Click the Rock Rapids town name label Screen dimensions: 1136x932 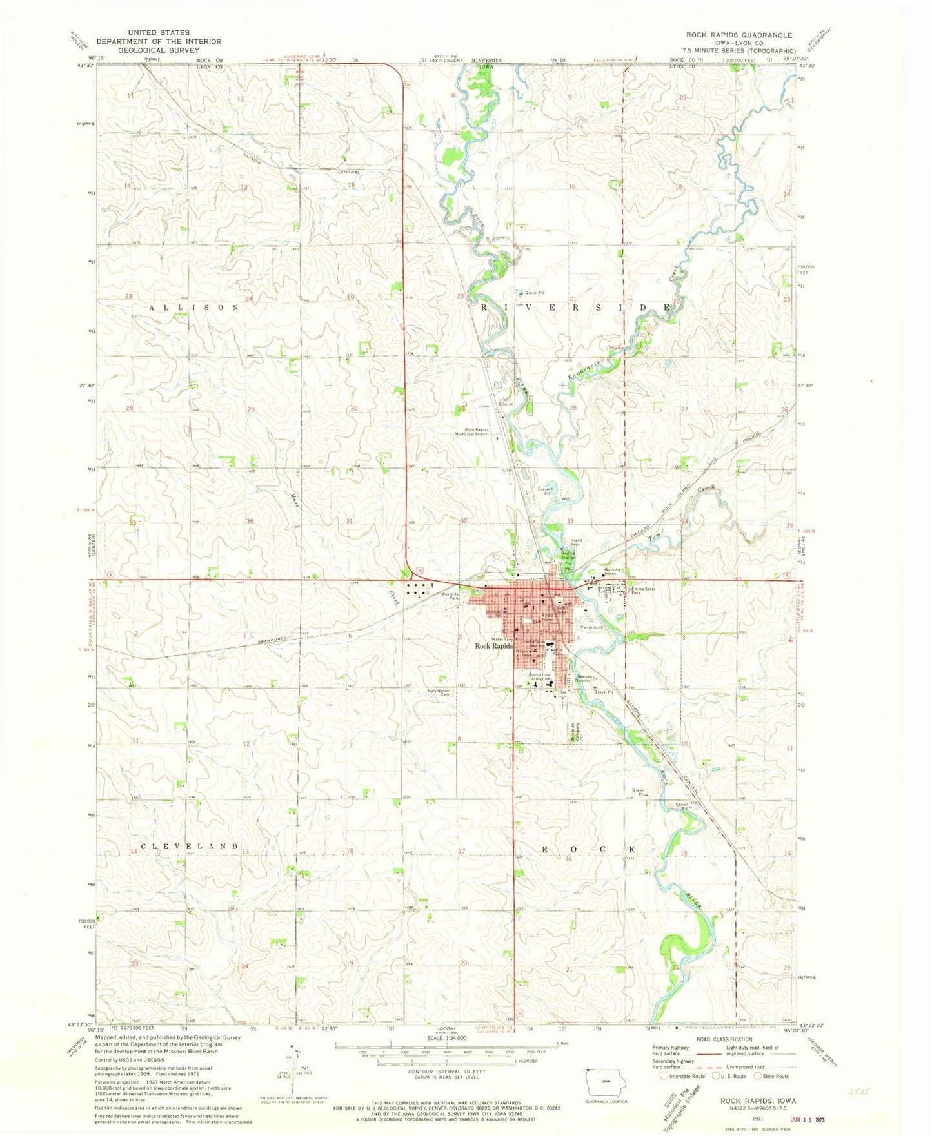[x=494, y=645]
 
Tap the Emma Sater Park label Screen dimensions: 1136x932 [x=646, y=590]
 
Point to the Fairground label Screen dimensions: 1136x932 [x=591, y=627]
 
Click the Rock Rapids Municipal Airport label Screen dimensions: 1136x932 [x=477, y=432]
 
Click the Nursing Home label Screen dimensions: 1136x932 [x=612, y=571]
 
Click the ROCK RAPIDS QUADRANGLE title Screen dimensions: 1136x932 [x=739, y=35]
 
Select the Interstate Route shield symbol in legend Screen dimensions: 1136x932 [x=664, y=1075]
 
